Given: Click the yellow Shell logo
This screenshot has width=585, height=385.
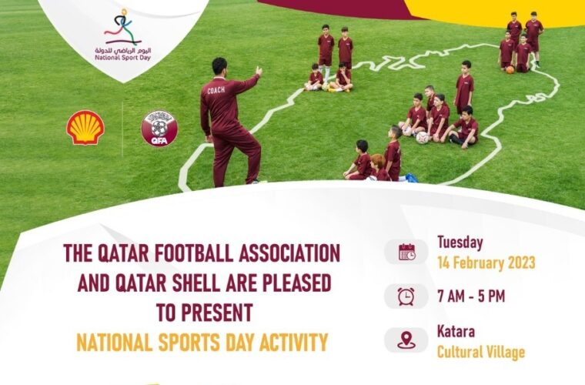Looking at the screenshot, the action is coord(85,128).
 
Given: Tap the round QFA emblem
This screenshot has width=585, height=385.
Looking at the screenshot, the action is coord(159,129).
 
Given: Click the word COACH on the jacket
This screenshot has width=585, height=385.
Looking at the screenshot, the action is coord(216,90).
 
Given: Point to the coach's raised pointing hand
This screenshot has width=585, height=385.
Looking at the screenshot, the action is coord(259,71).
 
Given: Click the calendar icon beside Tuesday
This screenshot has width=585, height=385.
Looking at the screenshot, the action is coord(406,252).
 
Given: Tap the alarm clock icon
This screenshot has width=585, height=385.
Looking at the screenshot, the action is coord(406,296).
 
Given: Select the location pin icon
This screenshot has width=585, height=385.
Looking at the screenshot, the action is coord(406,340).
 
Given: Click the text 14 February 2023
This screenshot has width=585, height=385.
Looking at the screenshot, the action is coord(486,263).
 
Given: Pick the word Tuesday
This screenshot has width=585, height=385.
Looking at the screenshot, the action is coord(460,243).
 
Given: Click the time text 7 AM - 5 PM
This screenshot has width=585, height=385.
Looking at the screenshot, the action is coord(471,296).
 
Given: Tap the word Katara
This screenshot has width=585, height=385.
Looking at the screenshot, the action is coord(456,331).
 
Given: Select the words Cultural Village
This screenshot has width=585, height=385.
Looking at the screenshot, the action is coord(481,352).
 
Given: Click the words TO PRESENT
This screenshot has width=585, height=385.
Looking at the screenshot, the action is coord(205,313).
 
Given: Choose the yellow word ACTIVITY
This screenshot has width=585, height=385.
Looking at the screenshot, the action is coord(293,343).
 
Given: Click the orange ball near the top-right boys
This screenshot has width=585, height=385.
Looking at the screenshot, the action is coord(510,69).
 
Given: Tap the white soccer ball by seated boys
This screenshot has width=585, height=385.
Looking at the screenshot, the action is coord(422,138).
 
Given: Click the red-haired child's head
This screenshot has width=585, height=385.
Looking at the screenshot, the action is coord(377,162).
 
